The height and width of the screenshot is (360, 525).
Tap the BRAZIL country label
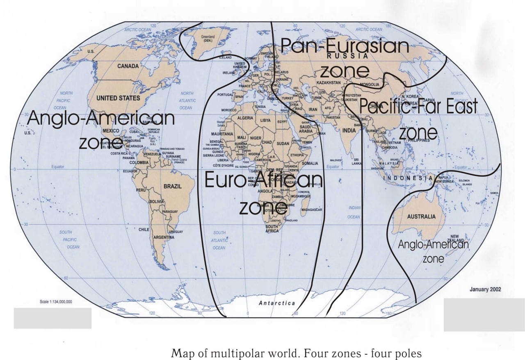(172, 186)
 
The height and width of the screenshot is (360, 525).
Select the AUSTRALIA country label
(421, 216)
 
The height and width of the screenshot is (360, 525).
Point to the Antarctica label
(277, 303)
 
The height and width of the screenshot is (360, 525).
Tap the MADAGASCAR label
(312, 210)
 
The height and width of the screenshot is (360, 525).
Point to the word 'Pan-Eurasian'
(345, 46)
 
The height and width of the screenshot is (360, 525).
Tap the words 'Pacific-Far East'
(418, 107)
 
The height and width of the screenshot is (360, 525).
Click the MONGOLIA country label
(369, 85)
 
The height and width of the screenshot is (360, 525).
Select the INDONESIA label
(408, 178)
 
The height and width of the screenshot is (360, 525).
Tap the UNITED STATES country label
(118, 98)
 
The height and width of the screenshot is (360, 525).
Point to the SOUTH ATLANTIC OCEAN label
(219, 240)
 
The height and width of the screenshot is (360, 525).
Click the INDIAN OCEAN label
(354, 212)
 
